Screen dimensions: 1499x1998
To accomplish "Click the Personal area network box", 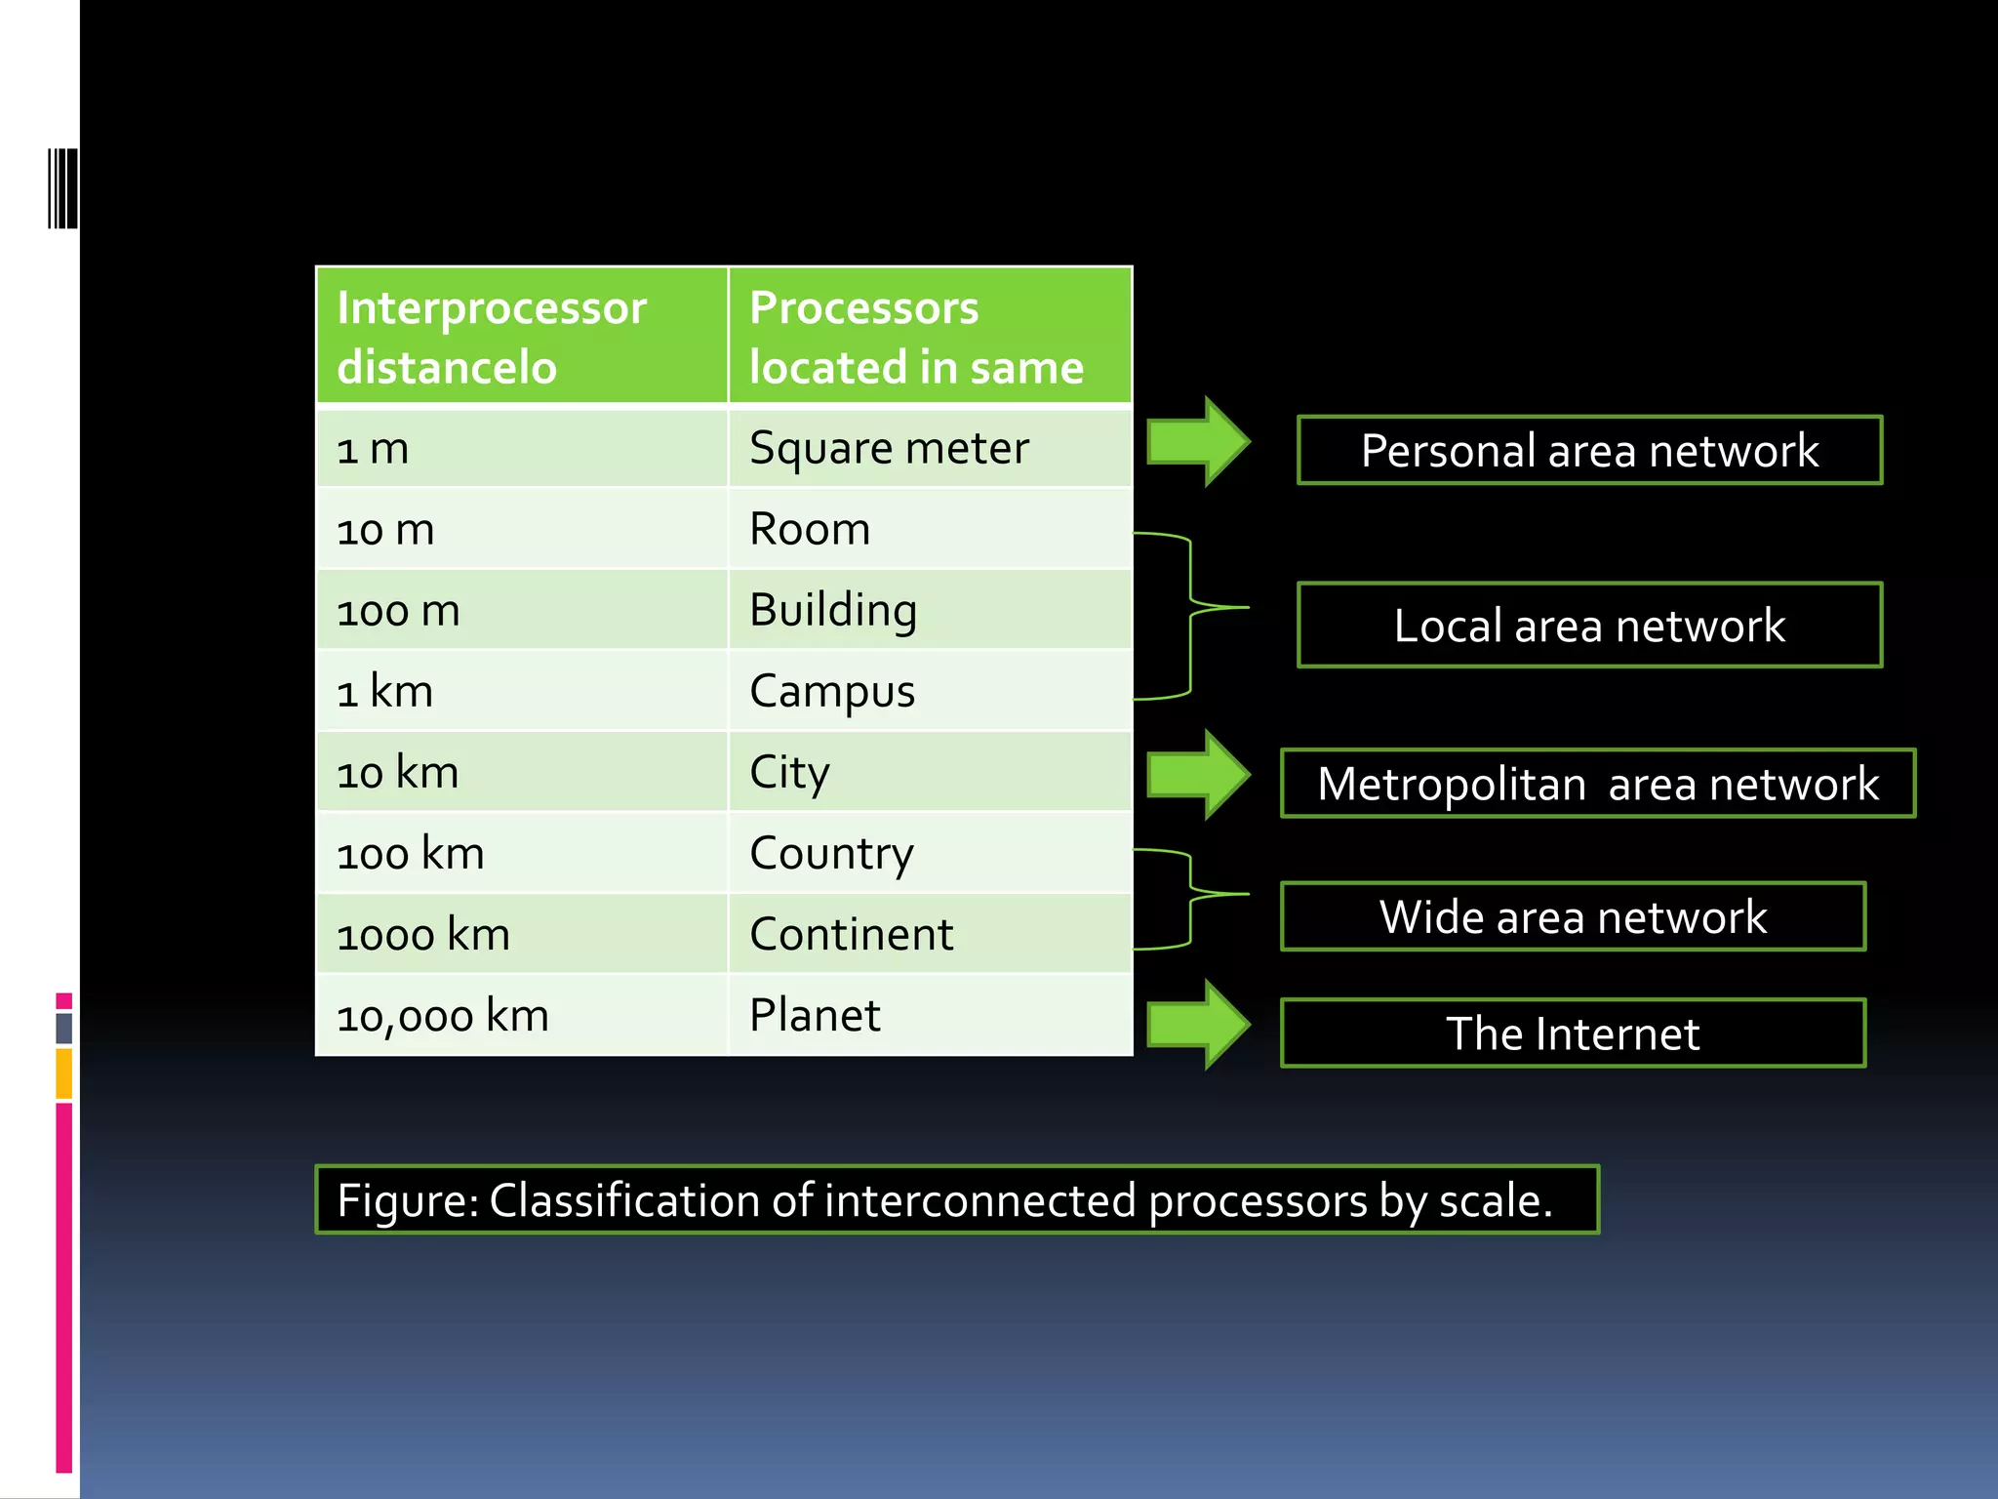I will (1588, 450).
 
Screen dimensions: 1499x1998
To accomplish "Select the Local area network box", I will (1588, 625).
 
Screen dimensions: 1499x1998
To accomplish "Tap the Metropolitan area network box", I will (1597, 783).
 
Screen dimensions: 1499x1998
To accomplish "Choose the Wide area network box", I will (1572, 915).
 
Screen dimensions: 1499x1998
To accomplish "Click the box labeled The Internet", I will (1572, 1033).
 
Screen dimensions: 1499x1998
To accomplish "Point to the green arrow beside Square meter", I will (1198, 442).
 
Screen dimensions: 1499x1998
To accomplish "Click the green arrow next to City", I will (1198, 775).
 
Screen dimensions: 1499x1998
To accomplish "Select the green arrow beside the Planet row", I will (1198, 1025).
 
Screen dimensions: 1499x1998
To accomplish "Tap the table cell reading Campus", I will (929, 691).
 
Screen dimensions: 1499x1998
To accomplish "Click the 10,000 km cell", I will (521, 1015).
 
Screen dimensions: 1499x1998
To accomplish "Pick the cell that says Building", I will (929, 610).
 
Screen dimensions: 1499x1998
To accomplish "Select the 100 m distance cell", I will (521, 610).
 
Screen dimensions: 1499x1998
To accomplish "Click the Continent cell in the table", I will (929, 934).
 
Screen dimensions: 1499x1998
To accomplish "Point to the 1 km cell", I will (521, 691).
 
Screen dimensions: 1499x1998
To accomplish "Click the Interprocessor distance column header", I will (521, 336).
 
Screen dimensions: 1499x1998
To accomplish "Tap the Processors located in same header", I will (929, 336).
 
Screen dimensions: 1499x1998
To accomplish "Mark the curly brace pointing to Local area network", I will (1192, 615).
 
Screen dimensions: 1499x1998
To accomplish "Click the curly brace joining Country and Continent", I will (1192, 897).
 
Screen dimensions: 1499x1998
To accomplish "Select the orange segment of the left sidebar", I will (63, 1074).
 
